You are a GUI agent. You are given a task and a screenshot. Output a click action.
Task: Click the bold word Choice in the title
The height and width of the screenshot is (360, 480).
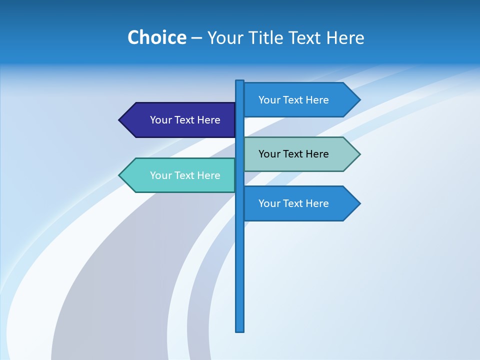156,38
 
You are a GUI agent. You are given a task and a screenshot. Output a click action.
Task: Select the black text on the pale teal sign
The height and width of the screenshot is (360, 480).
293,154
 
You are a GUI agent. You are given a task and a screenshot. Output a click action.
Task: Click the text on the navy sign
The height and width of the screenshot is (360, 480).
185,120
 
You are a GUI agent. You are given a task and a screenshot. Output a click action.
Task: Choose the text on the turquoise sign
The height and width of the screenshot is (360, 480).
185,175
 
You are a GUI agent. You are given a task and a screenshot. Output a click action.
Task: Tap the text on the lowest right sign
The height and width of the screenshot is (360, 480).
293,203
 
